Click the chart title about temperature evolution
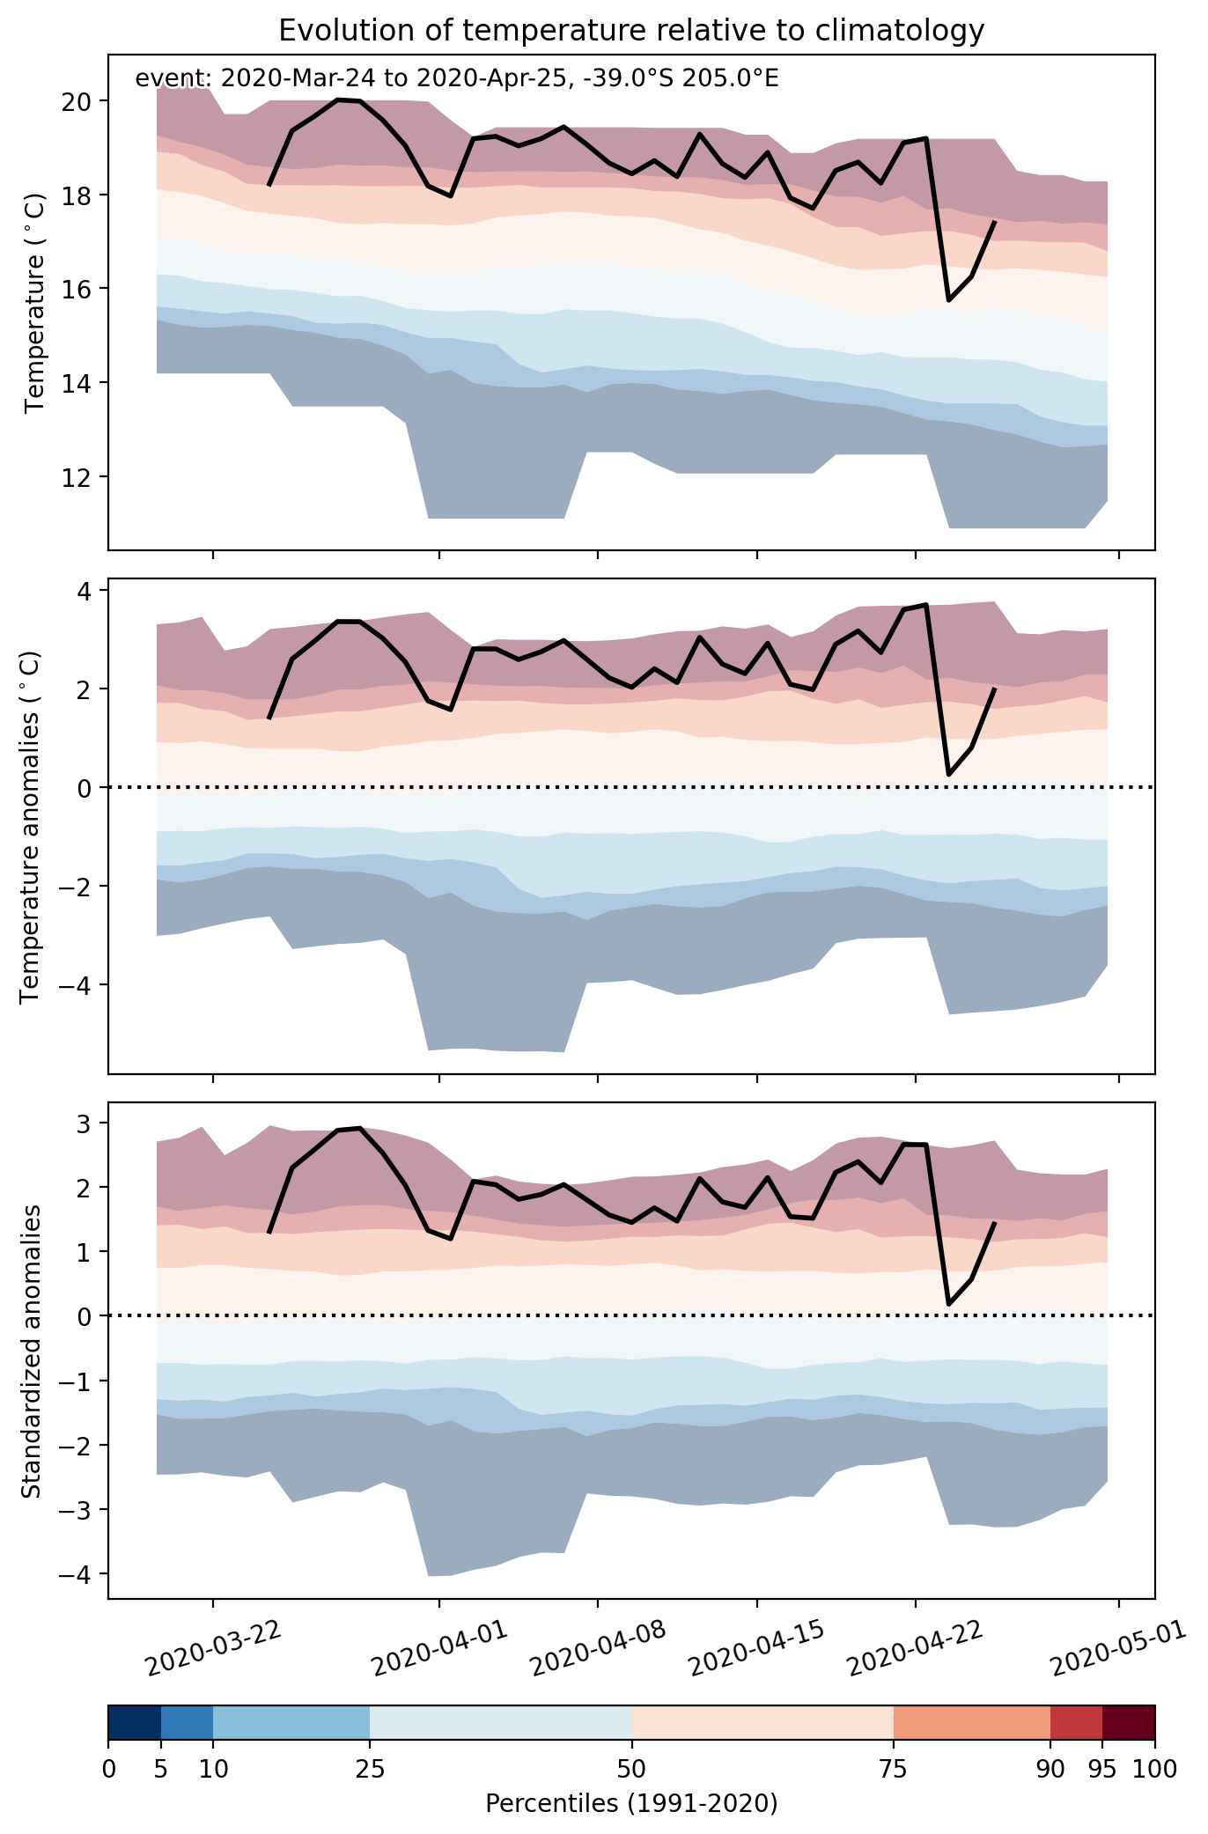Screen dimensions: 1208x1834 pos(631,31)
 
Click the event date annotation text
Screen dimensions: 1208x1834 pos(457,79)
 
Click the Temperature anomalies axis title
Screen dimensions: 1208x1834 pos(31,826)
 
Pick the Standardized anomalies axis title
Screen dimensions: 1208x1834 pos(31,1351)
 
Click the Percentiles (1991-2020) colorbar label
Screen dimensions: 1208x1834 pos(631,1804)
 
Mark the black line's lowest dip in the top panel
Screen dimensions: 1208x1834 pos(949,300)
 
